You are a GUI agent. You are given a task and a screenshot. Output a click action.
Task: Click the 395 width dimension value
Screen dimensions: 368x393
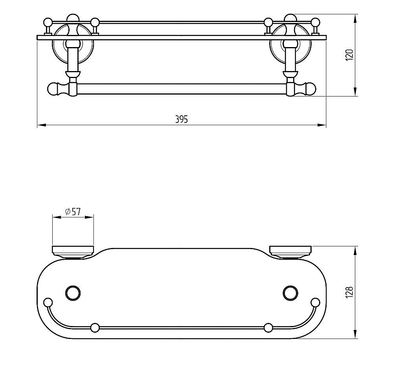[x=182, y=119]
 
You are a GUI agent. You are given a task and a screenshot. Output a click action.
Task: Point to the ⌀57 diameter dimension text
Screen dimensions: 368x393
[x=73, y=212]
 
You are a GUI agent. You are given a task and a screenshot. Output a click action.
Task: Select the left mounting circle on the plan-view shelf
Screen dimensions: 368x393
[x=73, y=292]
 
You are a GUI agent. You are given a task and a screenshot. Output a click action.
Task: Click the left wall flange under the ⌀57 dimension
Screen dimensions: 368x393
[x=73, y=250]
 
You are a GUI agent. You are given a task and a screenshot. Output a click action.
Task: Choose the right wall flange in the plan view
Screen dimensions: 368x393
[x=291, y=250]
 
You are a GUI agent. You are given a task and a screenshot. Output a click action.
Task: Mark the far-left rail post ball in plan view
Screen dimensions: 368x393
[x=48, y=302]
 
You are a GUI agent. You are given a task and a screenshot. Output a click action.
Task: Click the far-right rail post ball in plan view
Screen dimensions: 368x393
[x=315, y=302]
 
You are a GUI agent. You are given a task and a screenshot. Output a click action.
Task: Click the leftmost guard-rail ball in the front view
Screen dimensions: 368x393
[x=48, y=22]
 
